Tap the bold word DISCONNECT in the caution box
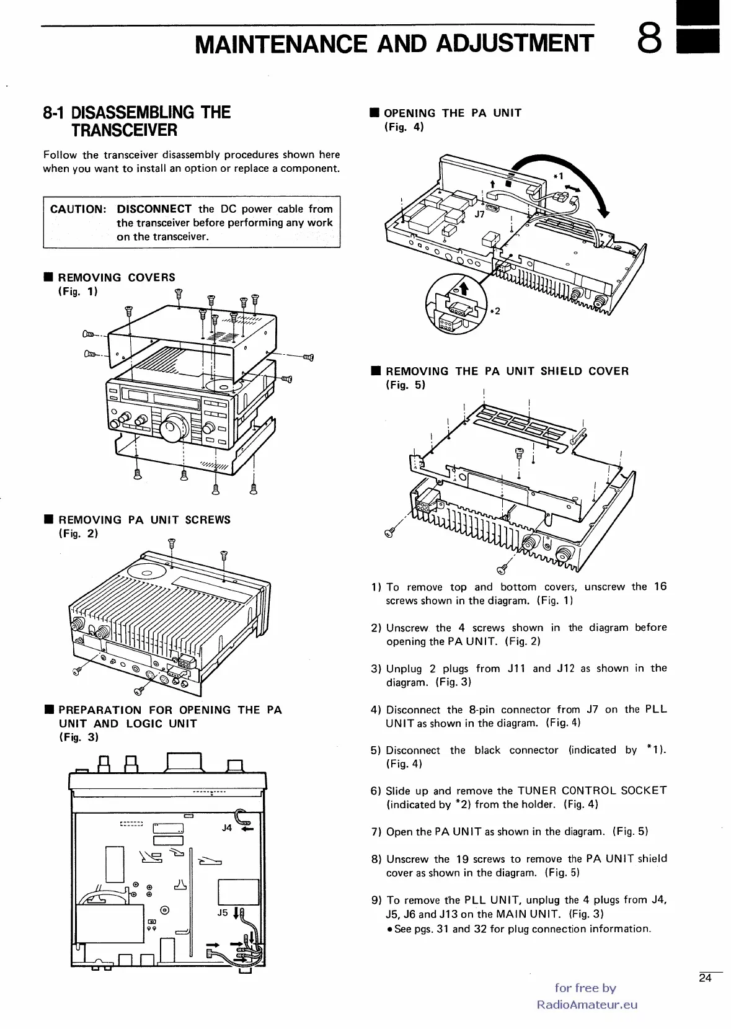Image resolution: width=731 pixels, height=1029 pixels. [154, 209]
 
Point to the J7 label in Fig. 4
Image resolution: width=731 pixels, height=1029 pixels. [479, 214]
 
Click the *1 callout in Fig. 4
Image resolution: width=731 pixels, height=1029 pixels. [559, 176]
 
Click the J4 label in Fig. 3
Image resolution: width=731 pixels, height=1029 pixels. [226, 827]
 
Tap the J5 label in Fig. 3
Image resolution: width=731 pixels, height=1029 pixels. [223, 913]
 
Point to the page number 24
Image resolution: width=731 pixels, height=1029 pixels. [705, 979]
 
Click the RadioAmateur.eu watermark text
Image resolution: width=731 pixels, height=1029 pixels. [587, 1005]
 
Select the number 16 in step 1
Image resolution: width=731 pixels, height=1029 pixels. [660, 586]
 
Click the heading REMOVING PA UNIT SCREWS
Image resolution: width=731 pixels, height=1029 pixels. [144, 520]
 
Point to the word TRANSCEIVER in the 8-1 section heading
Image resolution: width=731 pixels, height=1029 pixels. [124, 130]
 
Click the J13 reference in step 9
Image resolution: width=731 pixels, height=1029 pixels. [453, 914]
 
